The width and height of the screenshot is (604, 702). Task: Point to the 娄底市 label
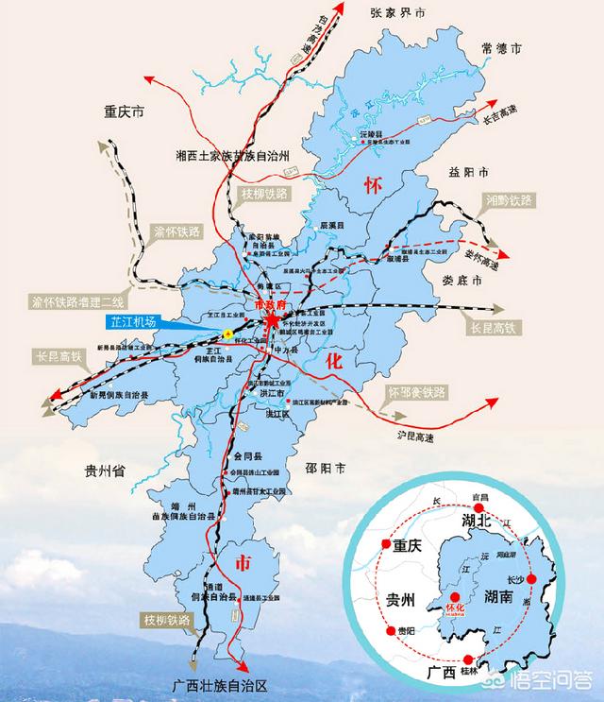point(462,282)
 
